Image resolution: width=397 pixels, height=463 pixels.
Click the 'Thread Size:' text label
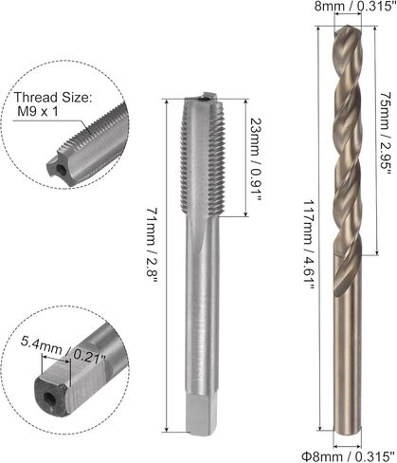coord(53,97)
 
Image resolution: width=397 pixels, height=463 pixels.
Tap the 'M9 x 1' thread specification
coord(38,111)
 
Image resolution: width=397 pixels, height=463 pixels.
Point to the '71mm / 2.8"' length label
coord(152,243)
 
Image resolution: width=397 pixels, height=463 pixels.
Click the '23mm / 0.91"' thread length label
coord(255,159)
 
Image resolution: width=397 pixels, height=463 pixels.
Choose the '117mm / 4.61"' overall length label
coord(309,245)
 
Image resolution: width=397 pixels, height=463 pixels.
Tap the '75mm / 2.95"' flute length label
coord(386,133)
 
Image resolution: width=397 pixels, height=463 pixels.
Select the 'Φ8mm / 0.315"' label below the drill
coord(348,456)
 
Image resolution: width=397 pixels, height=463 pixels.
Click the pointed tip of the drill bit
coord(348,27)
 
